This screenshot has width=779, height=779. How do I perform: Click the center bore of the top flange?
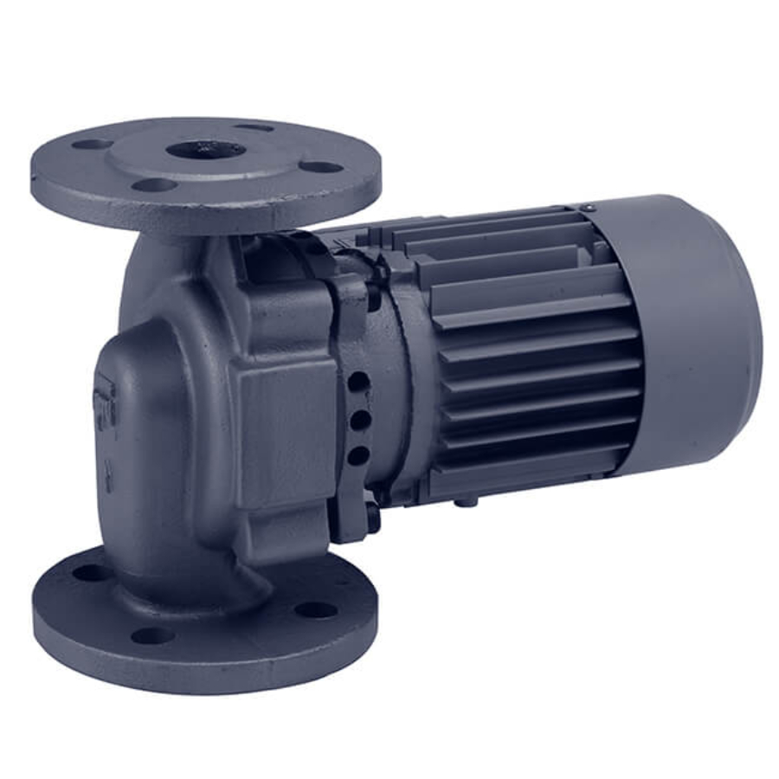(205, 149)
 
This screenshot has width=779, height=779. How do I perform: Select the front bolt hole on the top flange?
(156, 184)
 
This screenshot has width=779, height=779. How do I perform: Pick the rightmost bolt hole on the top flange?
(324, 167)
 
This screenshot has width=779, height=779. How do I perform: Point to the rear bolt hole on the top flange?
(254, 126)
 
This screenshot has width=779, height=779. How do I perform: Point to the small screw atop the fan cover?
(589, 208)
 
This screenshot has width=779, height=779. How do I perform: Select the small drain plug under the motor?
(468, 500)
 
